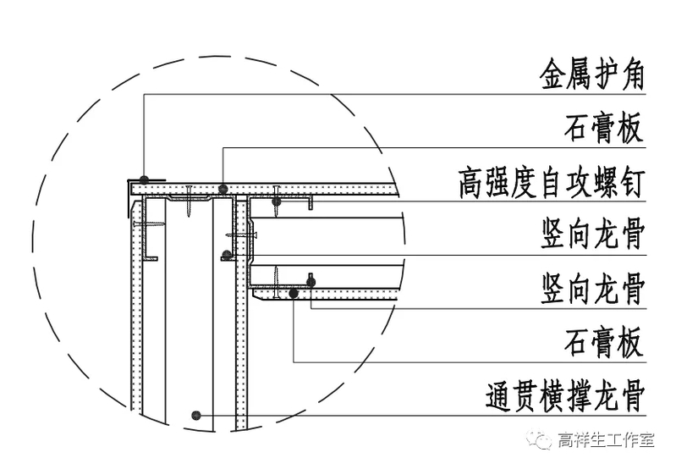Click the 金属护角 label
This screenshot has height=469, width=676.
coord(591,75)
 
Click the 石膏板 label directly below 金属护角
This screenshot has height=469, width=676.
coord(604,129)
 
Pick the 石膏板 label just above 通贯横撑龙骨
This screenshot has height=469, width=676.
coord(604,342)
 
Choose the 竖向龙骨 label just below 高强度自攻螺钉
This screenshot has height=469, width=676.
coord(591,234)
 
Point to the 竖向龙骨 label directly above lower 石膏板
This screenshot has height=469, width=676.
coord(591,289)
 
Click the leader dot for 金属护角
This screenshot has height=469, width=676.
coord(145,179)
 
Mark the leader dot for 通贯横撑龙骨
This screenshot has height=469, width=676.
coord(196,415)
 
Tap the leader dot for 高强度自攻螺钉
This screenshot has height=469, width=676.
coord(276,201)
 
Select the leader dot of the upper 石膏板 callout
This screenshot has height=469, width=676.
coord(222,188)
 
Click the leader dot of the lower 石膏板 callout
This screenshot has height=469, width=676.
coord(293,293)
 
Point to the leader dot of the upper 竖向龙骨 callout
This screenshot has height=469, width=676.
coord(226,254)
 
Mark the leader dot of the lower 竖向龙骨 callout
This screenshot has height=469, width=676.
coord(311,284)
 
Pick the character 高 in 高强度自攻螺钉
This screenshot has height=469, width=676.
coord(470,181)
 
